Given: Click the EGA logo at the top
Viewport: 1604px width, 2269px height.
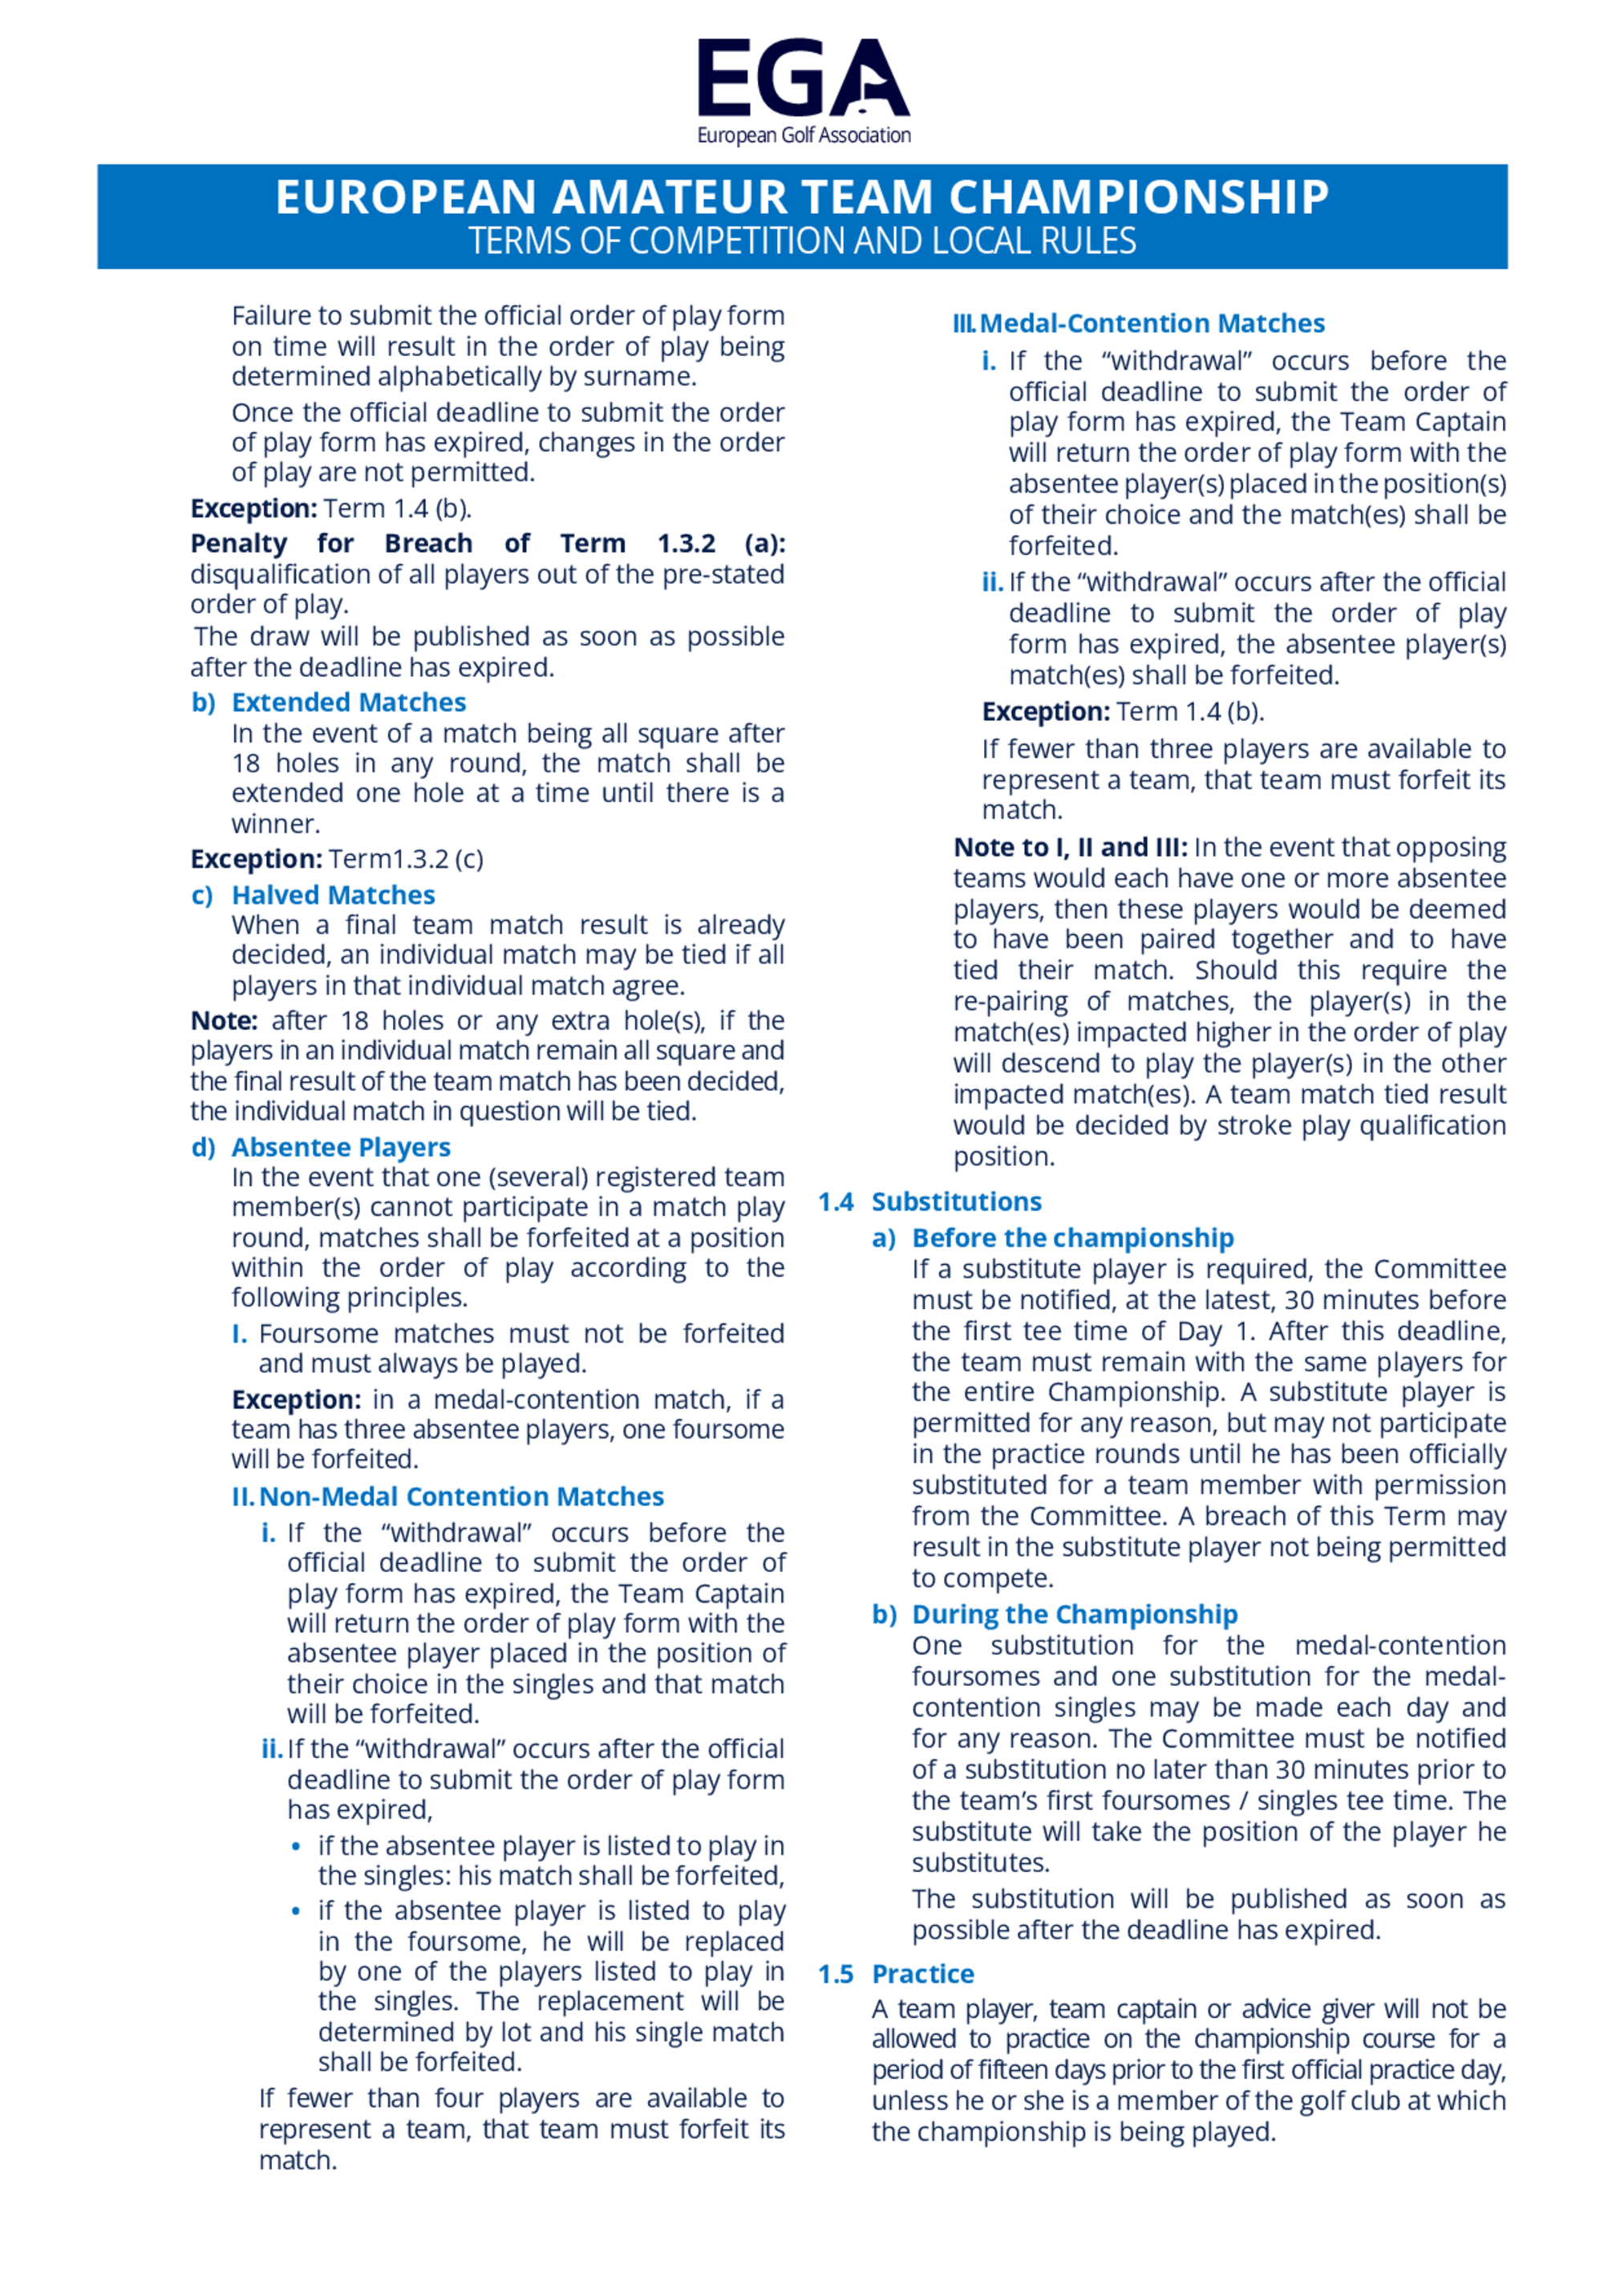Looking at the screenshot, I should (803, 79).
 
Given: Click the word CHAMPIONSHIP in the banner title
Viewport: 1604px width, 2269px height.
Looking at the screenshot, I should (1139, 197).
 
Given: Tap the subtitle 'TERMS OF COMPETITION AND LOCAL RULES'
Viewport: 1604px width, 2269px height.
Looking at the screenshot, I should (801, 241).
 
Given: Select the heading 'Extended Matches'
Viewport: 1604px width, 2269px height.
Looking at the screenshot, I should (348, 703).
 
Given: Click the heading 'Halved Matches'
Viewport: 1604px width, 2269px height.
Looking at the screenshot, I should (333, 895).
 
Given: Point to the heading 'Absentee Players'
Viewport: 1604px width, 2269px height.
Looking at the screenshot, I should (341, 1148).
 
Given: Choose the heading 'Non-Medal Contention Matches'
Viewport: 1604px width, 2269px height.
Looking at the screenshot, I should (460, 1497).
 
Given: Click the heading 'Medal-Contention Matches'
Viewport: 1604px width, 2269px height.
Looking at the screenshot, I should (1152, 323).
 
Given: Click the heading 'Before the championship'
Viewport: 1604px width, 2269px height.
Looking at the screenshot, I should (1072, 1238).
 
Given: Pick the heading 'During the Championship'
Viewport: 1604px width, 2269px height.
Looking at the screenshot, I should (1074, 1615).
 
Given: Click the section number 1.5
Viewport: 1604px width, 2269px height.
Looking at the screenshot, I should (835, 1975).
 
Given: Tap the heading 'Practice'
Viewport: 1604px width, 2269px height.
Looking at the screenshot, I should (922, 1975).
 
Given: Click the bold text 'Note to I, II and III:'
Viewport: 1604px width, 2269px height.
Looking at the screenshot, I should (1071, 848).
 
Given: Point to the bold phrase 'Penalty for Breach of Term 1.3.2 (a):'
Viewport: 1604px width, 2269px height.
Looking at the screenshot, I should (488, 544).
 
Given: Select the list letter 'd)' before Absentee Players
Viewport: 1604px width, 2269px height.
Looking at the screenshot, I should (204, 1148).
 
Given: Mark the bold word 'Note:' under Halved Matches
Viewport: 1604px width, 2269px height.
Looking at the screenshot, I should (223, 1021).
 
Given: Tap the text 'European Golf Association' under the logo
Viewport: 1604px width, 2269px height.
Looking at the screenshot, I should (804, 136).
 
